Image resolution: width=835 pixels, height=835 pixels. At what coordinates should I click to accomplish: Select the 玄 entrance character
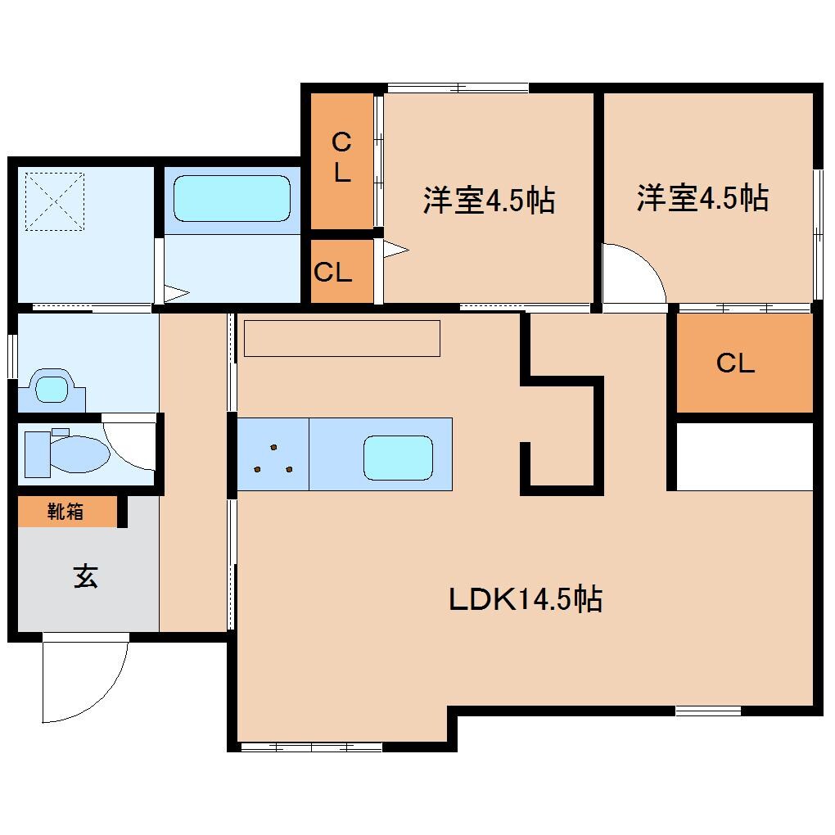point(86,577)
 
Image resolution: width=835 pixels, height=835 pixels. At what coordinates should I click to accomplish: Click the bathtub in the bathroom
point(232,198)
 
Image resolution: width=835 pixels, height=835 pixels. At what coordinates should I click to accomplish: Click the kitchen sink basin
point(398,457)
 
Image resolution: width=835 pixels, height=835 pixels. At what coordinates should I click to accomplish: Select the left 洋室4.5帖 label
point(489,200)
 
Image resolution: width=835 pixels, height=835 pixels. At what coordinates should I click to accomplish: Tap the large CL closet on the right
point(735,363)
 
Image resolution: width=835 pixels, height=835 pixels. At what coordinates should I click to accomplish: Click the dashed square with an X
point(53,200)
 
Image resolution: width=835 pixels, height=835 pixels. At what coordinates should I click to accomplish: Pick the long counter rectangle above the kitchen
point(342,338)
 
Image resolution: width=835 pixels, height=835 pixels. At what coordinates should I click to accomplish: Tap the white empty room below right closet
point(744,455)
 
